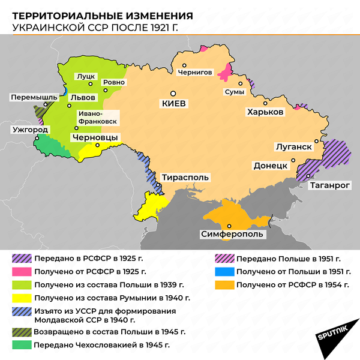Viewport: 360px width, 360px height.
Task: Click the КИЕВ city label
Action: (x=174, y=103)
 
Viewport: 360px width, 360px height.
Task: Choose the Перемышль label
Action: (x=34, y=97)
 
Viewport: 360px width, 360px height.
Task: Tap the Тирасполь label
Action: (x=185, y=178)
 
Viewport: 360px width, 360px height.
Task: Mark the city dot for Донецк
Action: (x=293, y=160)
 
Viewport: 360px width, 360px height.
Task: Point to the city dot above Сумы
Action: (x=239, y=84)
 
